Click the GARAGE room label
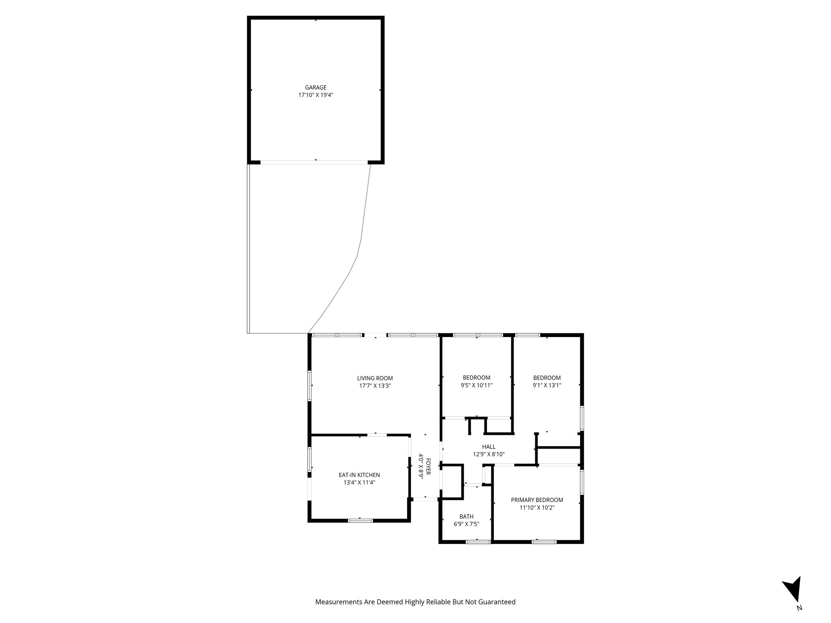[x=316, y=87]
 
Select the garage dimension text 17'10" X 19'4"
[x=316, y=95]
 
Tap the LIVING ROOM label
[x=375, y=378]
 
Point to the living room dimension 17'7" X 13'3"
[x=375, y=386]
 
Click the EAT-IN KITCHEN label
[x=359, y=475]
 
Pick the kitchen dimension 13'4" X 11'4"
[x=359, y=483]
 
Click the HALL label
[x=489, y=447]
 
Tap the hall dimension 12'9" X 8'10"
[x=489, y=454]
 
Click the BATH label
[x=466, y=516]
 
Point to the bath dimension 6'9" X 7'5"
[x=466, y=524]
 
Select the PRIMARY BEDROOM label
[x=537, y=500]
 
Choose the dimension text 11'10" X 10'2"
[x=537, y=507]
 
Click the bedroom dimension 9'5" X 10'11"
[x=476, y=386]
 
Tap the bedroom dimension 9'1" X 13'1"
[x=547, y=386]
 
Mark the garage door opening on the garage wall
[x=314, y=162]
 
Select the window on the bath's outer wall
[x=478, y=541]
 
